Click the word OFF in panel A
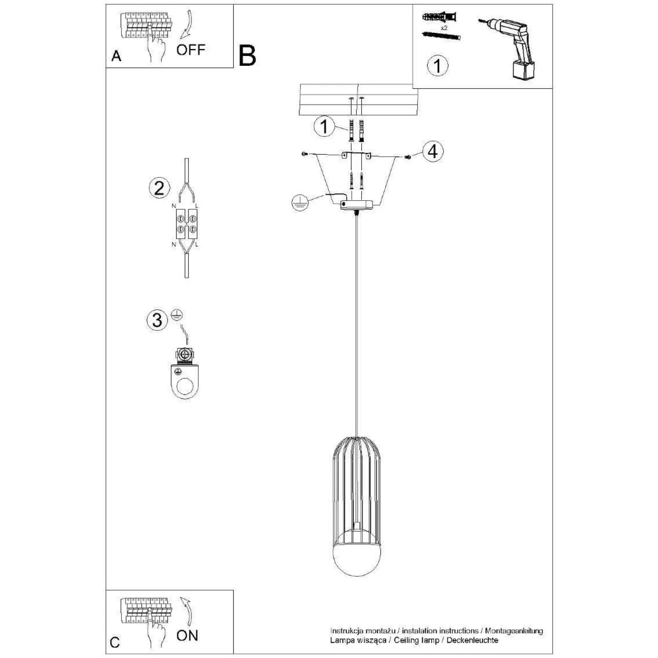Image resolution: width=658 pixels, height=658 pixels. [191, 50]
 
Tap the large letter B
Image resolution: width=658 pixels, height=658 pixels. [247, 56]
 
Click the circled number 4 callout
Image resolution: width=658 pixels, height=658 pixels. [433, 152]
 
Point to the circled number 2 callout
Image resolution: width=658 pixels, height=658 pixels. [159, 188]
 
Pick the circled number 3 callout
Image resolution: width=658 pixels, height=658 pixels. [157, 320]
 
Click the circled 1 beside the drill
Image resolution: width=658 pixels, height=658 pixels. [438, 66]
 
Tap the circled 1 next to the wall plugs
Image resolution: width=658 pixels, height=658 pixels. [324, 126]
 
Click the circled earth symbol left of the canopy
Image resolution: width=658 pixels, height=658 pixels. [298, 203]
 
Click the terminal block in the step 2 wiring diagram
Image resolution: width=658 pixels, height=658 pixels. [187, 225]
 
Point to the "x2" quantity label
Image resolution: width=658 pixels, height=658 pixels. [444, 27]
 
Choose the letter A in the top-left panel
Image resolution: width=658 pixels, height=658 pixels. [116, 56]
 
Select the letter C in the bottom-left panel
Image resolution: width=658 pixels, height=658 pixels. [115, 643]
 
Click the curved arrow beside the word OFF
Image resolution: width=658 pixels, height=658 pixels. [187, 26]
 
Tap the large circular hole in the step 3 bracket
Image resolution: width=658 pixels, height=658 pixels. [186, 387]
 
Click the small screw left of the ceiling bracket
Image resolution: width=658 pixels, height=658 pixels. [304, 153]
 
